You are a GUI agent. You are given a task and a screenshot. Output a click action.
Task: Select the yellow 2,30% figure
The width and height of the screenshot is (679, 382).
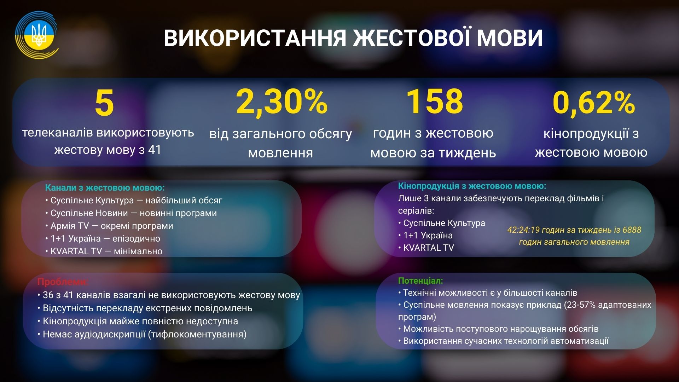[282, 102]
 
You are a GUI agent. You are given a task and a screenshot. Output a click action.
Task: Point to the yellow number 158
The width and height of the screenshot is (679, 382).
[434, 102]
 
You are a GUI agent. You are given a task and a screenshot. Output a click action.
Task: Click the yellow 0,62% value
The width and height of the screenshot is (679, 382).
[594, 103]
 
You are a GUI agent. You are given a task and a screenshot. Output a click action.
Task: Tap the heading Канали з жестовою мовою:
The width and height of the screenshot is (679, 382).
[105, 187]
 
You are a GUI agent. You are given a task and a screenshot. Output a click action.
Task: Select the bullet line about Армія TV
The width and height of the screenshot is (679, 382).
[109, 226]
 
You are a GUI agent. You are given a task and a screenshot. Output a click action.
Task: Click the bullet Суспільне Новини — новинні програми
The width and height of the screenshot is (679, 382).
[131, 213]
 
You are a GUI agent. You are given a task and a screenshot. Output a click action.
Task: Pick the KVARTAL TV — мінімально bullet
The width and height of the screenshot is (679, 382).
[104, 251]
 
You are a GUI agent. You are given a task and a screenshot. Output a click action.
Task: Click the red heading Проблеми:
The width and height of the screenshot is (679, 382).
[63, 282]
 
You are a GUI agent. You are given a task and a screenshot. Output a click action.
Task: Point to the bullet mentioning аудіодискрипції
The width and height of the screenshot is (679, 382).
[142, 334]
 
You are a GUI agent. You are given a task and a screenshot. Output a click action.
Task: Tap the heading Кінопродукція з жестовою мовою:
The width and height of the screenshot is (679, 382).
[472, 186]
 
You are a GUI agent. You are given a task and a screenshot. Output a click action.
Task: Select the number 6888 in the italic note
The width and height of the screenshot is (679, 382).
[632, 230]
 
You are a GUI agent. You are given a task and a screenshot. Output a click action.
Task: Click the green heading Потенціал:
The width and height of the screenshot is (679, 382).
[420, 280]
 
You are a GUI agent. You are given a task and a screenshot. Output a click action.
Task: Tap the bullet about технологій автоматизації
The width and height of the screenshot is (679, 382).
[504, 341]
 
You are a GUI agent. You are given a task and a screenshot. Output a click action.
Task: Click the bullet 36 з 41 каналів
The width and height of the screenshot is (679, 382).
[169, 295]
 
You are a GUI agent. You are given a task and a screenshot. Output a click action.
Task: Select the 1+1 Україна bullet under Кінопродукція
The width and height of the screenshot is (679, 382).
[425, 235]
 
